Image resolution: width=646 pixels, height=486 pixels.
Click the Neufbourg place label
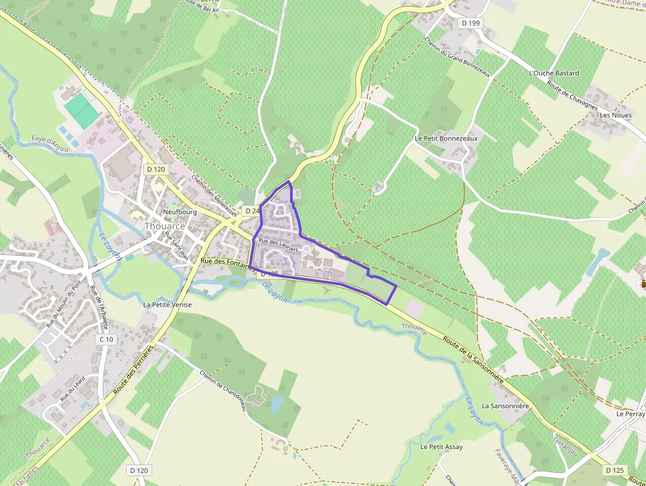(179, 212)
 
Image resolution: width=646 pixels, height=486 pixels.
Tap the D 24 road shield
(251, 210)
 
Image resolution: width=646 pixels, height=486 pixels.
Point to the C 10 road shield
(106, 339)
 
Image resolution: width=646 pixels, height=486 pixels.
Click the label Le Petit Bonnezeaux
(446, 139)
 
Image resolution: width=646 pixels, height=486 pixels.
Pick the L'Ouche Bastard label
(554, 73)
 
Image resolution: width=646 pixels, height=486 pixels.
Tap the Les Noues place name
(615, 115)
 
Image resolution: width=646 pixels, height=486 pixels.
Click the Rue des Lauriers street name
(279, 245)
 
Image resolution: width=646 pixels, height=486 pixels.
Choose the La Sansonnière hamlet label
(506, 406)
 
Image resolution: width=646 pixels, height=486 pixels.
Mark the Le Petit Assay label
(441, 446)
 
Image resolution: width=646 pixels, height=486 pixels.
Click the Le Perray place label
(630, 414)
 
